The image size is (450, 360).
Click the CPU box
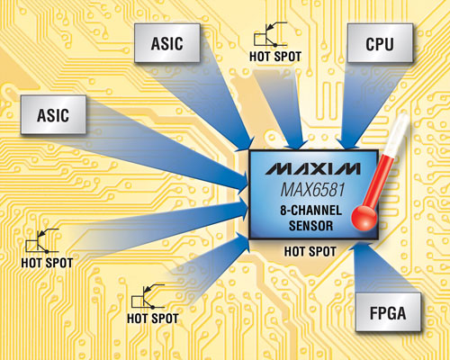[x=380, y=43]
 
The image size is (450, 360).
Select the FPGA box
[x=388, y=312]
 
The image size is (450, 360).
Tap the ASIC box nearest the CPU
[x=167, y=43]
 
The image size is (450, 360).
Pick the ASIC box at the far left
[x=53, y=114]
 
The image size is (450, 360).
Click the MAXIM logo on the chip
[x=312, y=169]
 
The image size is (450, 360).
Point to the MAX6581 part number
[x=312, y=190]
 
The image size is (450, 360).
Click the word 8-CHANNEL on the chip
[x=311, y=211]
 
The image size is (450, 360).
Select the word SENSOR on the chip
[x=311, y=226]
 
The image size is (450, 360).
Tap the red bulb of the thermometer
[x=364, y=218]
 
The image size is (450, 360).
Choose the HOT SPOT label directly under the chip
[x=310, y=251]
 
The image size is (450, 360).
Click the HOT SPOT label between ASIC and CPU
[x=275, y=57]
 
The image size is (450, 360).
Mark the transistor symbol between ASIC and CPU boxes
[x=271, y=34]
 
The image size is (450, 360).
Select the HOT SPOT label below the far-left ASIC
[x=47, y=263]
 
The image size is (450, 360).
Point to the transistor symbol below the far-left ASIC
[x=42, y=240]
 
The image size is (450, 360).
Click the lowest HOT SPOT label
[x=153, y=319]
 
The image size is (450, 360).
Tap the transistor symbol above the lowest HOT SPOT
[x=148, y=296]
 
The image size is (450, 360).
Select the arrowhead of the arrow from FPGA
[x=360, y=249]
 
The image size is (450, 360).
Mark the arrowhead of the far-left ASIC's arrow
[x=241, y=182]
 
